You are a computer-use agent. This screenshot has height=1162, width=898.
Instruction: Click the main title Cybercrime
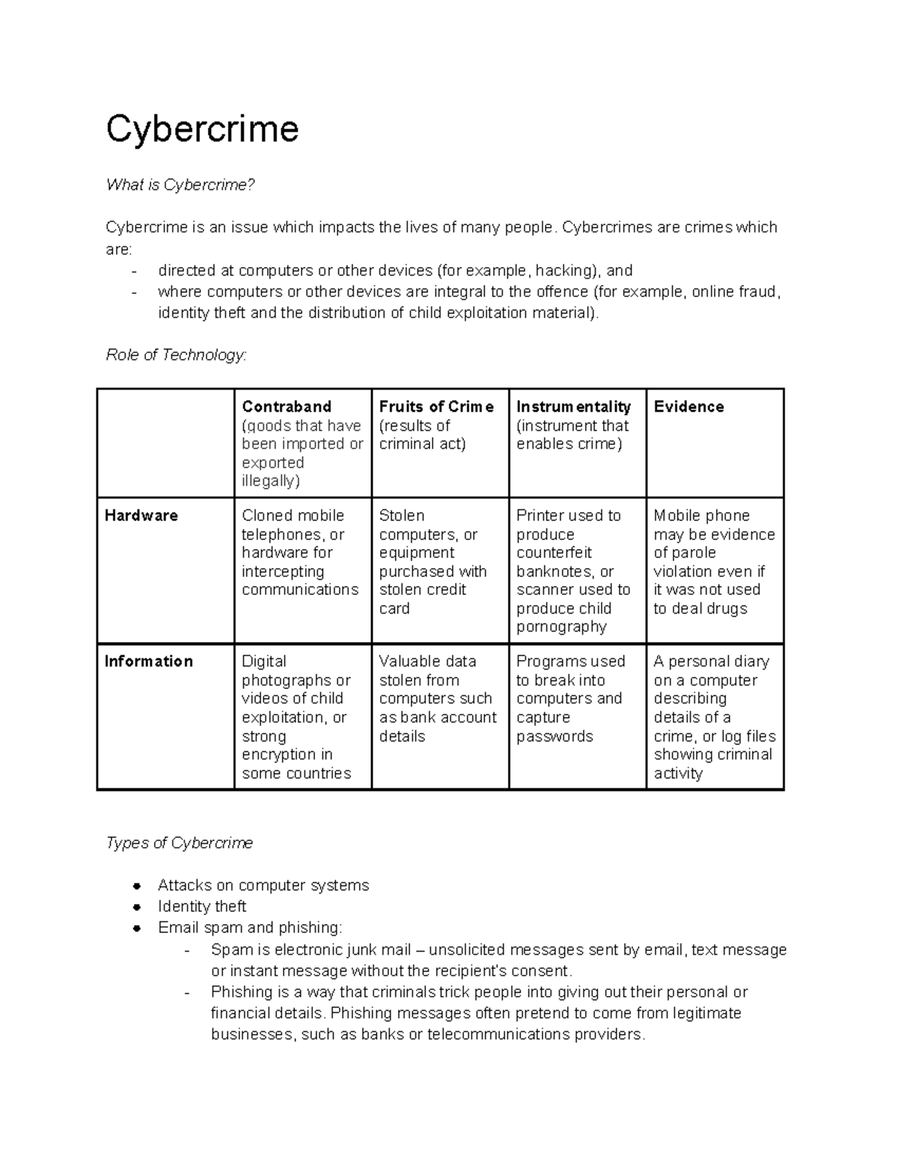[x=202, y=129]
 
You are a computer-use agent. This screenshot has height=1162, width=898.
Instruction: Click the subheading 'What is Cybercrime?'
[x=180, y=185]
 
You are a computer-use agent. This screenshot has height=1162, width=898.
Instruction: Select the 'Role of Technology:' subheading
[x=176, y=355]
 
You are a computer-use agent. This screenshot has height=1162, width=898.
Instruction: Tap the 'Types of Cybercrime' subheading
[x=180, y=843]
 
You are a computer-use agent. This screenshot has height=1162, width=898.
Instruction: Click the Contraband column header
[x=286, y=406]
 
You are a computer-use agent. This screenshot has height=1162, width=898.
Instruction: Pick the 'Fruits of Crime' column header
[x=436, y=406]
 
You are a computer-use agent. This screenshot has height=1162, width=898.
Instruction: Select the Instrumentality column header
[x=573, y=406]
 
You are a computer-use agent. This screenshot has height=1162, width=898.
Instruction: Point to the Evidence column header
[x=688, y=406]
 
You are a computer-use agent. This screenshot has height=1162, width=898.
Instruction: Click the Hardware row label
[x=141, y=516]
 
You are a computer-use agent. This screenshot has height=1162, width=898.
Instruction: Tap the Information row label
[x=149, y=661]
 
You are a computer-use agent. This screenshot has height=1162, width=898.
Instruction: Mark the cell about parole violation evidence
[x=713, y=561]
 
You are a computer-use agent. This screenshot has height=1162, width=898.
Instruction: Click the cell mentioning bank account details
[x=438, y=698]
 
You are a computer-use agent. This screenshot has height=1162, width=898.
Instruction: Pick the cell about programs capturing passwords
[x=570, y=698]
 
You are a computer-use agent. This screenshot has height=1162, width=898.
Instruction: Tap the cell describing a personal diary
[x=714, y=717]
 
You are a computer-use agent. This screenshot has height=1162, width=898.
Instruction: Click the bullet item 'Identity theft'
[x=202, y=906]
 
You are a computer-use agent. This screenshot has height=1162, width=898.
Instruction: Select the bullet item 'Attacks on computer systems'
[x=263, y=885]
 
